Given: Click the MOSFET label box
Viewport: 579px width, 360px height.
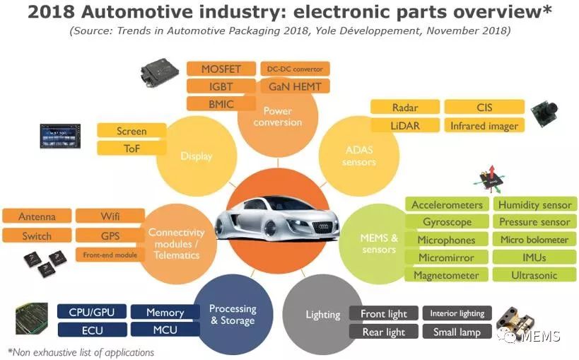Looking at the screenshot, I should (x=221, y=69).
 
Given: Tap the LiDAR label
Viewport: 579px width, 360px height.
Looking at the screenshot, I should (x=404, y=126).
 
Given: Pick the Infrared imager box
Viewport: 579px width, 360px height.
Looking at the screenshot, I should (x=484, y=126).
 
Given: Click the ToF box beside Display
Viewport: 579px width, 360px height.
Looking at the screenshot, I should (x=131, y=149).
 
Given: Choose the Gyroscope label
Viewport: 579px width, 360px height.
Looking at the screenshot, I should (x=447, y=222).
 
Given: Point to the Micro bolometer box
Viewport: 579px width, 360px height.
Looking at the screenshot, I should (x=534, y=240).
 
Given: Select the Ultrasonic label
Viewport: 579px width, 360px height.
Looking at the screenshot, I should (x=534, y=275).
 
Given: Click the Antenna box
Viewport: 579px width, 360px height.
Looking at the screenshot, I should (x=37, y=216).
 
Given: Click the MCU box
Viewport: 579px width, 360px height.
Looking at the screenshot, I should (x=165, y=330).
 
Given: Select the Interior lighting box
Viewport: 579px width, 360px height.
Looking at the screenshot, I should (x=457, y=313).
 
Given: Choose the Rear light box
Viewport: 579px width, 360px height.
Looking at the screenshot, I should (x=384, y=332).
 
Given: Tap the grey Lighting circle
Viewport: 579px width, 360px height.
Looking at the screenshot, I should (x=322, y=315).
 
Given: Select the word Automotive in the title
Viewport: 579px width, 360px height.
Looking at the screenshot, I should (x=132, y=13).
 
